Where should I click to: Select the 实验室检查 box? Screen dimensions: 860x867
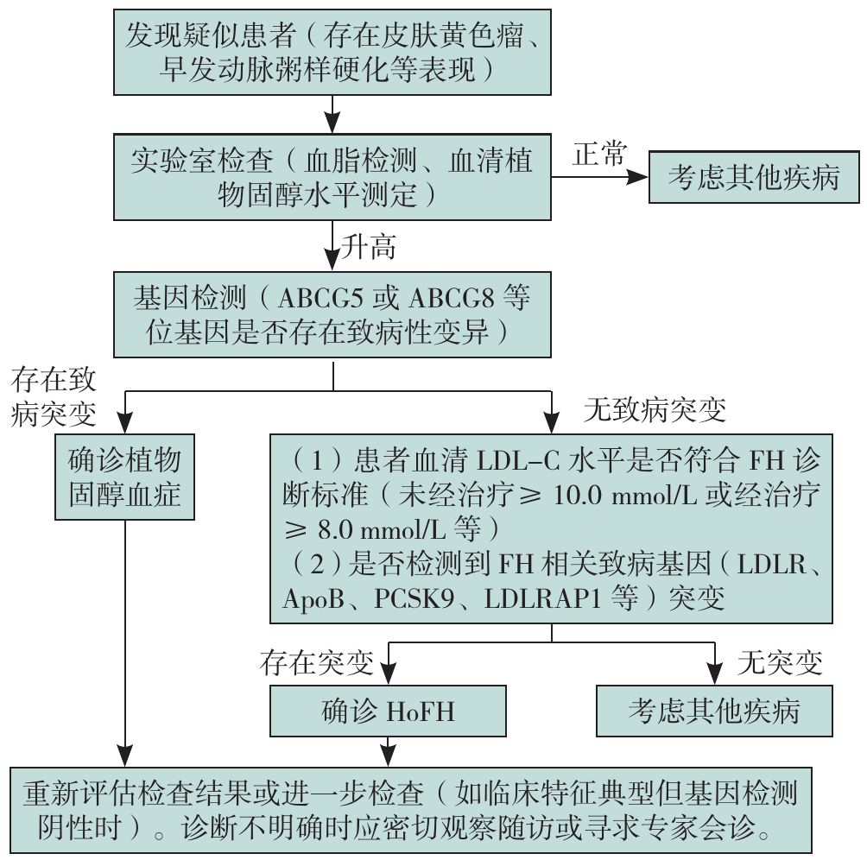[x=333, y=177]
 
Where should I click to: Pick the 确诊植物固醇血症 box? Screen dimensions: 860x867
[x=125, y=477]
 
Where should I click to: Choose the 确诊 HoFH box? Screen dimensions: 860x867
[x=387, y=711]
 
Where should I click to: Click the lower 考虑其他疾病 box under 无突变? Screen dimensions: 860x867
[x=713, y=711]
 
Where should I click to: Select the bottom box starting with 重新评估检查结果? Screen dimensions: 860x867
[x=410, y=809]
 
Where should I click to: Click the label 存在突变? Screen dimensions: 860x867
[x=316, y=662]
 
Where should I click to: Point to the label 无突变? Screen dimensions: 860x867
[x=780, y=662]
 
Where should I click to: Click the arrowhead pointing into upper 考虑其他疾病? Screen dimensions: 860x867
[x=638, y=178]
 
